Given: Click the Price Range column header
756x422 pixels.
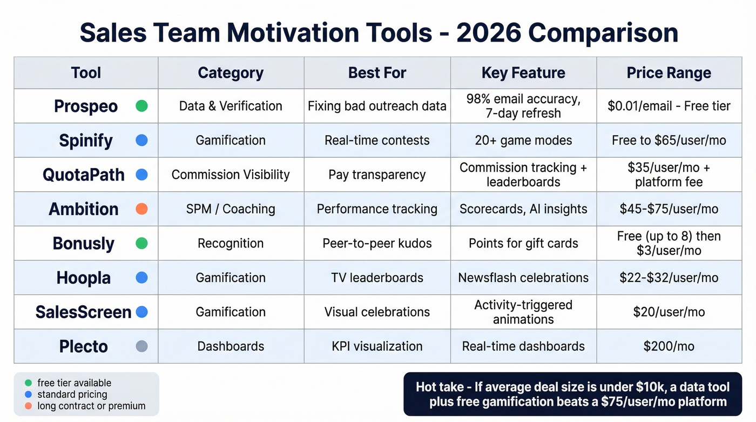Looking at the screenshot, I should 669,73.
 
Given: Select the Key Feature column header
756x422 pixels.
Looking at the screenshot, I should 523,73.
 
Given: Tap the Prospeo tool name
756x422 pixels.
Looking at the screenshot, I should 86,106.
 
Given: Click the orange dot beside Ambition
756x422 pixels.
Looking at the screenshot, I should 141,209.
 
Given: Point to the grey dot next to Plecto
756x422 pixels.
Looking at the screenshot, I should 141,346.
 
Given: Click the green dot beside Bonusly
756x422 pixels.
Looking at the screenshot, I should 141,243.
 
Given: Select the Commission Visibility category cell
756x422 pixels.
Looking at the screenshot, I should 231,175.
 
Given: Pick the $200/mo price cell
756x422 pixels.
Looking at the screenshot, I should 669,346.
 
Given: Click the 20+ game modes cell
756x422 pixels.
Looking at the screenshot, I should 523,140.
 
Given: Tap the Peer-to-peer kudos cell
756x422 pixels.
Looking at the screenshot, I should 377,243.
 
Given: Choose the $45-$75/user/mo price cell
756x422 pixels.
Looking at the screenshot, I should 669,209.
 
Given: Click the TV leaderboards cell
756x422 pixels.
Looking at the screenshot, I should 377,278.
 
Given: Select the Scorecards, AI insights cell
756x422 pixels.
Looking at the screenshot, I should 523,209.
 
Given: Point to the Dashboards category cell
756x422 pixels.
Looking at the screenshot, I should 231,346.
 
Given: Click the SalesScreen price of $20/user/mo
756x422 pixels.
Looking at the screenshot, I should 669,312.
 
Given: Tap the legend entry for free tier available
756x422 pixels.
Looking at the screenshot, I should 74,383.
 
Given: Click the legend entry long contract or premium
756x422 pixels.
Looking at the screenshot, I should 91,406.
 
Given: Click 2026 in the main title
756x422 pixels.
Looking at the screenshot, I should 488,33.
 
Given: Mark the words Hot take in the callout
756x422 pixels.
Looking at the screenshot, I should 440,387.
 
